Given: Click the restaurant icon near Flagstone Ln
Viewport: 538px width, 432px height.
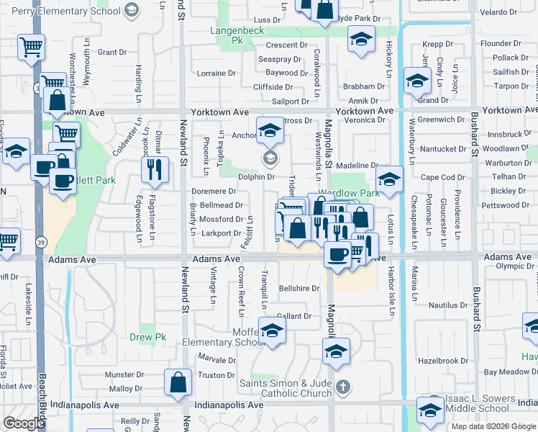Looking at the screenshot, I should click(x=155, y=171).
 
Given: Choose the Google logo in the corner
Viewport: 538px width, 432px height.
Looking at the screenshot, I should click(x=24, y=423).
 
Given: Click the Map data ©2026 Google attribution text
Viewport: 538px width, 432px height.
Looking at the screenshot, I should click(x=494, y=426).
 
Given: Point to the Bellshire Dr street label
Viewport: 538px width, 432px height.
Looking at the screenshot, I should click(x=298, y=289).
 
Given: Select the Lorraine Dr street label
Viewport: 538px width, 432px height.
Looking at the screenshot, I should click(x=216, y=73).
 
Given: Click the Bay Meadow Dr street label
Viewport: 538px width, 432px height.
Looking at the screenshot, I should click(x=510, y=372).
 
